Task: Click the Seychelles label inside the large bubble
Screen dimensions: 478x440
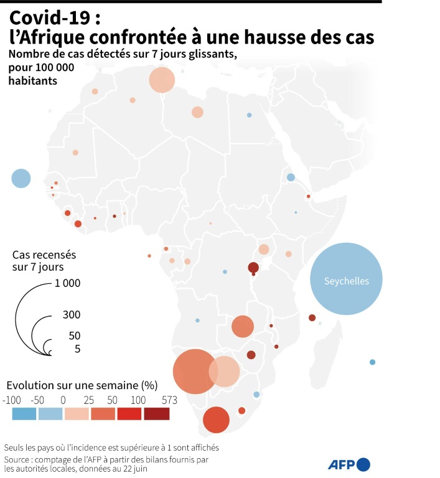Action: click(346, 281)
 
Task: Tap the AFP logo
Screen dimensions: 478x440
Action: click(349, 464)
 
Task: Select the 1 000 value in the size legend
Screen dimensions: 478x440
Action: click(68, 284)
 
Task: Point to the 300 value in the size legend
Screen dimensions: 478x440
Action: click(72, 315)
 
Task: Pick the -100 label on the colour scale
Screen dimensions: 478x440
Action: click(12, 400)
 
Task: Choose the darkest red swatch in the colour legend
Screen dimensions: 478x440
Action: click(156, 413)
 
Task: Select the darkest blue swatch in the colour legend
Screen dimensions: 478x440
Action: click(24, 413)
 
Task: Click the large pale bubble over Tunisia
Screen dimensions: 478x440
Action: click(162, 80)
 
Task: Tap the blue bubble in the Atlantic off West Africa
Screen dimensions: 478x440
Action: click(21, 179)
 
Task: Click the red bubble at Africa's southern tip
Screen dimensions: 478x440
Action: click(216, 419)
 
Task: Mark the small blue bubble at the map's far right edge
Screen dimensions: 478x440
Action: click(372, 362)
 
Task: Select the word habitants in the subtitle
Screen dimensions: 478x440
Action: click(33, 81)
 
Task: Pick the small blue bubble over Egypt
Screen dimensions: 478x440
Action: click(249, 115)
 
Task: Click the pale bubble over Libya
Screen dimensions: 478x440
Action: click(197, 112)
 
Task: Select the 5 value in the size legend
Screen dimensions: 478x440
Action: click(78, 349)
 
